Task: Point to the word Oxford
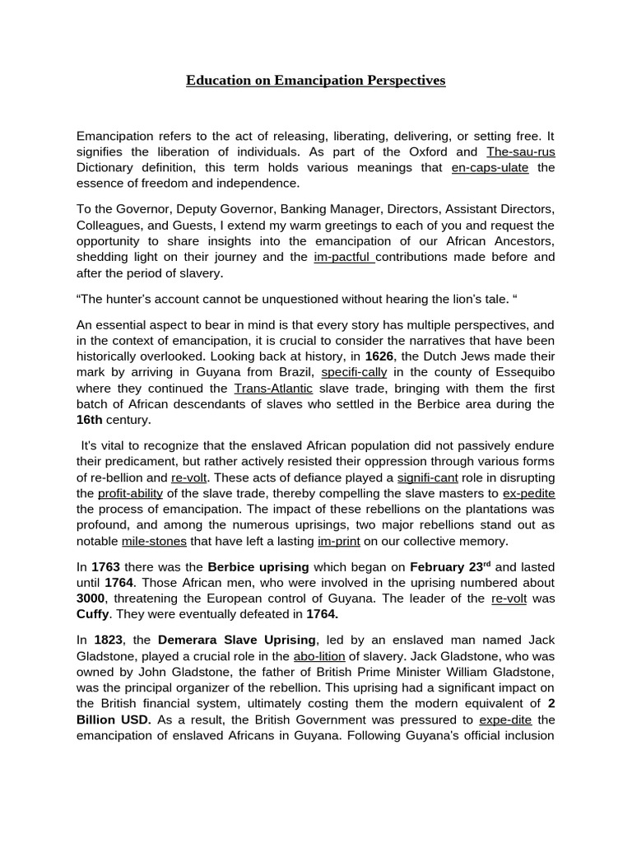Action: click(x=421, y=152)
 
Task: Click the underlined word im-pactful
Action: click(x=344, y=257)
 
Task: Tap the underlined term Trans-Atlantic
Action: click(x=273, y=389)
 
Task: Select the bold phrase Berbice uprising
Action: click(x=258, y=568)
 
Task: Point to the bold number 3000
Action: click(x=91, y=599)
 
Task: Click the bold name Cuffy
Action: click(x=92, y=615)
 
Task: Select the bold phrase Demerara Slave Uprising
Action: click(x=237, y=640)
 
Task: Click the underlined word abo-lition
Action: click(x=319, y=656)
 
